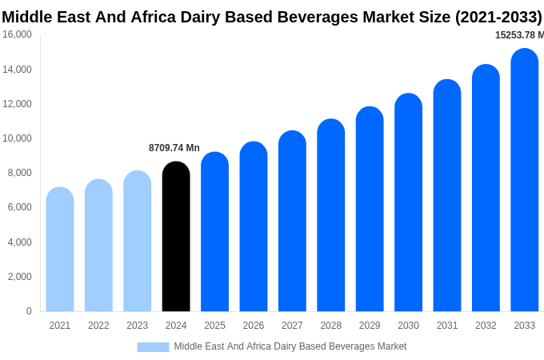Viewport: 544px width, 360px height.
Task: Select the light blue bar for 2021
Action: [x=60, y=250]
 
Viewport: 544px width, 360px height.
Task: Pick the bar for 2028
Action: [x=331, y=215]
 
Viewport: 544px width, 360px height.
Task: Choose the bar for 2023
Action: [x=138, y=241]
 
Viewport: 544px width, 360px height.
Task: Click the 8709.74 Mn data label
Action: [x=174, y=148]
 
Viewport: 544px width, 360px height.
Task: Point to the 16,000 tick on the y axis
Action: [x=17, y=34]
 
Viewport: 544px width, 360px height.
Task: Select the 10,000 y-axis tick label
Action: [x=17, y=138]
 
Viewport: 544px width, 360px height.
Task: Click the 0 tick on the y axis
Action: [x=29, y=311]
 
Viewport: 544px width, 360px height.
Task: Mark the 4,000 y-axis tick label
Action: [x=19, y=242]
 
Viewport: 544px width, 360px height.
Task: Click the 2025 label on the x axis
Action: [x=214, y=326]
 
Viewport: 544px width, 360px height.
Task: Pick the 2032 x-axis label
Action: [x=486, y=326]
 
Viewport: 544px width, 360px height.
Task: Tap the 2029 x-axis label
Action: [x=370, y=326]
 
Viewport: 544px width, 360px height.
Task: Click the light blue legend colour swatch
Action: [x=153, y=346]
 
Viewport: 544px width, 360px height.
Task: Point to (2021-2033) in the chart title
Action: [x=498, y=17]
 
